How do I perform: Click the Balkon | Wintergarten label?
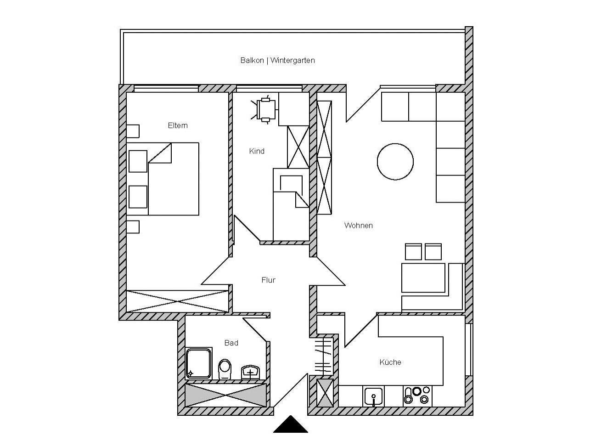277,60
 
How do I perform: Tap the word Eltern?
178,125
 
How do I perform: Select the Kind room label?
257,151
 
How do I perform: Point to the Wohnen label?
358,226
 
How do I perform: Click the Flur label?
268,280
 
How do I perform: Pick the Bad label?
231,343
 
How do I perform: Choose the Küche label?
390,362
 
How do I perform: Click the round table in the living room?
395,162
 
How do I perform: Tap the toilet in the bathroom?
225,369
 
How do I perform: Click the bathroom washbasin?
250,372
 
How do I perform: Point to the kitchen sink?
373,396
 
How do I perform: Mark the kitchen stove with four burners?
417,396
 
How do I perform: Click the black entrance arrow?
291,424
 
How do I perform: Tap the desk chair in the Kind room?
264,110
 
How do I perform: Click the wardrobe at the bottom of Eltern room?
178,301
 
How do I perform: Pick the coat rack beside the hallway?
323,356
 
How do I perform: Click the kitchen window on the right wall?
469,350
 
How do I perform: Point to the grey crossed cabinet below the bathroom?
226,395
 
